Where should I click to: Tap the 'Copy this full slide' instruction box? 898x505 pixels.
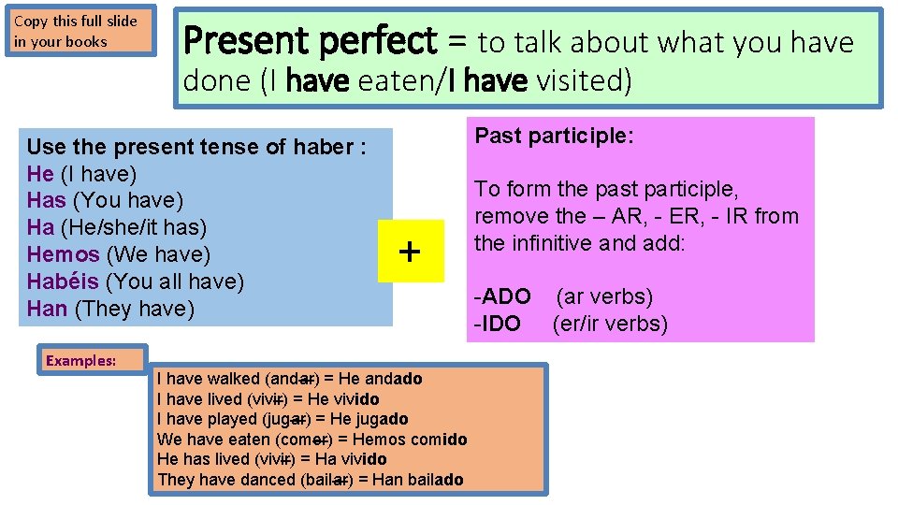[81, 31]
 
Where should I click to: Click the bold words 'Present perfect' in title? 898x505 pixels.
[310, 42]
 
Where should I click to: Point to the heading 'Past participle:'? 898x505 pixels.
[555, 136]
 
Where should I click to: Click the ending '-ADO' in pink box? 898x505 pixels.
[502, 297]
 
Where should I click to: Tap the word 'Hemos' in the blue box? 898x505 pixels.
[63, 254]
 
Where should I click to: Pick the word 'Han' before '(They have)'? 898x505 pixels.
[47, 309]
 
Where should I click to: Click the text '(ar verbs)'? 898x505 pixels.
[604, 297]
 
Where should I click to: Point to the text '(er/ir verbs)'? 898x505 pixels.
[610, 325]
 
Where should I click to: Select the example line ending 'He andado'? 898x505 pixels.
[289, 379]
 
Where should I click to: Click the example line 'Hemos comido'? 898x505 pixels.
[311, 440]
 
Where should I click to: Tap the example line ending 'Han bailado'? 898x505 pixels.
[310, 480]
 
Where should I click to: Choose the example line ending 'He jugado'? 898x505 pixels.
[282, 419]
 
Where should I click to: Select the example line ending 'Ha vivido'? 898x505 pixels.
[271, 459]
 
